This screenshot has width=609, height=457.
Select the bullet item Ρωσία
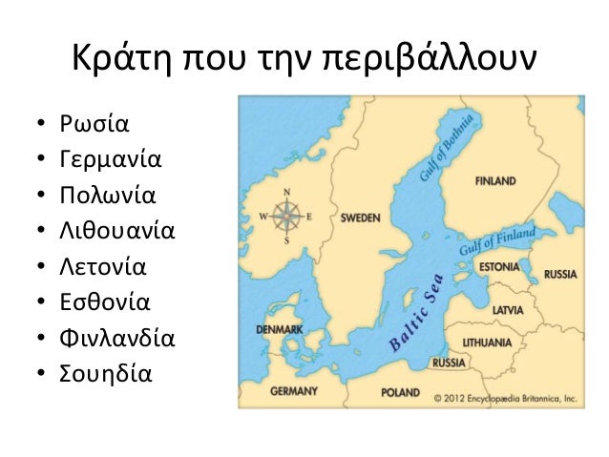(94, 124)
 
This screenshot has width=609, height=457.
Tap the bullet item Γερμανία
(110, 159)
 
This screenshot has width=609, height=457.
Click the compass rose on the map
(287, 216)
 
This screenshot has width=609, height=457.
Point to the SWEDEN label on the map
(360, 218)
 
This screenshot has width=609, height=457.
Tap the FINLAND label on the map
(494, 180)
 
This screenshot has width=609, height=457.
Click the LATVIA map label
(506, 310)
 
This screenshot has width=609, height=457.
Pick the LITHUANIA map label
(487, 341)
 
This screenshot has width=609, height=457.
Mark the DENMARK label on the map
(280, 329)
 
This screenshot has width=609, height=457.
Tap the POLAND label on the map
(400, 392)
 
